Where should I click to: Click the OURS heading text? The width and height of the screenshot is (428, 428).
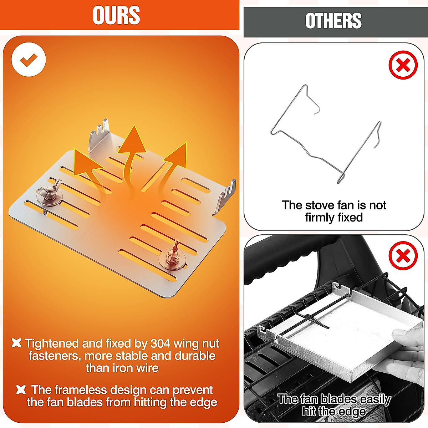(116, 15)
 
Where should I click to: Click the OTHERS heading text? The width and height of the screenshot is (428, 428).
(333, 21)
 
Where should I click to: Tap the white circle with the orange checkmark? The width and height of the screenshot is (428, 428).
(29, 60)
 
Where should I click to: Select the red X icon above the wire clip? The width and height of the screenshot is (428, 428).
(403, 65)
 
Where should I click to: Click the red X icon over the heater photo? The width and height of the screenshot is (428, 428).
(403, 256)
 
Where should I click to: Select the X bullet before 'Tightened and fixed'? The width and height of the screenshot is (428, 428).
(16, 343)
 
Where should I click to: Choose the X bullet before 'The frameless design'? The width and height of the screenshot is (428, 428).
(21, 390)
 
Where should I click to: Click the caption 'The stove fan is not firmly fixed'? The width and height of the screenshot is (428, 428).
(334, 211)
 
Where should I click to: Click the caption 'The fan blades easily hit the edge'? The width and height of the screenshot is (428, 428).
(334, 405)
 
